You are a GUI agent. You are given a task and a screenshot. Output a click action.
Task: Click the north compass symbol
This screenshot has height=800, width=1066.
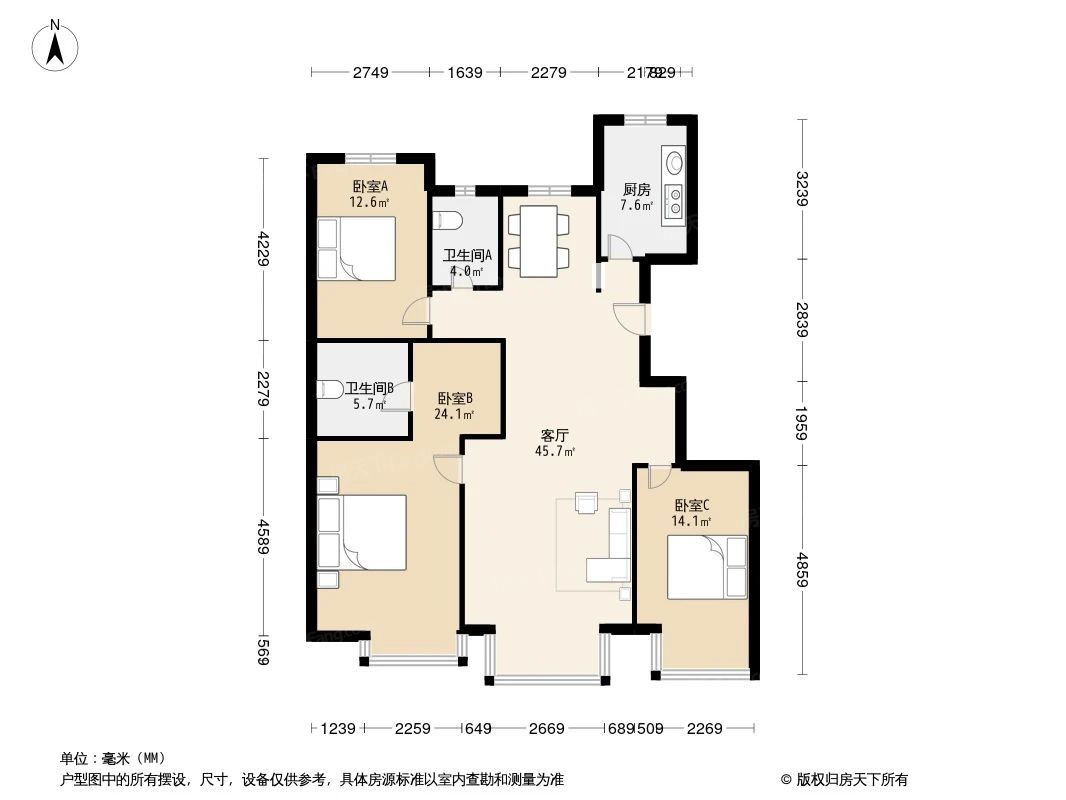click(x=56, y=46)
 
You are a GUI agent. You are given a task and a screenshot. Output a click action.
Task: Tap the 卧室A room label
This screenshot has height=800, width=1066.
click(x=369, y=186)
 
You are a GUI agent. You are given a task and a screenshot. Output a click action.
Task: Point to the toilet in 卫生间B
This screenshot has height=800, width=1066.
click(x=330, y=390)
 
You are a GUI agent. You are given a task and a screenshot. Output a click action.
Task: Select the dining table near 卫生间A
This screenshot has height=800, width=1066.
click(x=539, y=240)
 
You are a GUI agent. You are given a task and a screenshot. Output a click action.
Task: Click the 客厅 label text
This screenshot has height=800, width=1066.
click(x=555, y=435)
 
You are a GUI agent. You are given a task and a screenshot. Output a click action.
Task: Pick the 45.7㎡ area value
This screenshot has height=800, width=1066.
click(x=555, y=452)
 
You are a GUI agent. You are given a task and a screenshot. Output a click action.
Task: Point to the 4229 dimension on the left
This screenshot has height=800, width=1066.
click(x=263, y=249)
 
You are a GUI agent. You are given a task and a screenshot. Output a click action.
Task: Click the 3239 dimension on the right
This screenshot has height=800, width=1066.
click(x=801, y=189)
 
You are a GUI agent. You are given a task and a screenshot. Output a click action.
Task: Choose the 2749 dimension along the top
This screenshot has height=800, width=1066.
click(x=370, y=72)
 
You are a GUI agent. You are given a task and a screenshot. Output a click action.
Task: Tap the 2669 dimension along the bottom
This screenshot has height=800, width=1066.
click(x=546, y=729)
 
